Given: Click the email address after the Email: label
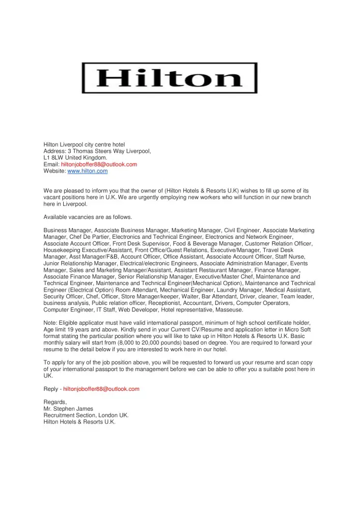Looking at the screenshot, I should [x=99, y=164].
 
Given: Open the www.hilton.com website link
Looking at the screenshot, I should [x=88, y=171].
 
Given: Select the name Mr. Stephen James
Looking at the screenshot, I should [x=68, y=408].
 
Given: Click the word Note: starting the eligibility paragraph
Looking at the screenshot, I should [x=50, y=323].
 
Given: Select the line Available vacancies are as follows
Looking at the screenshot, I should [x=88, y=217].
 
